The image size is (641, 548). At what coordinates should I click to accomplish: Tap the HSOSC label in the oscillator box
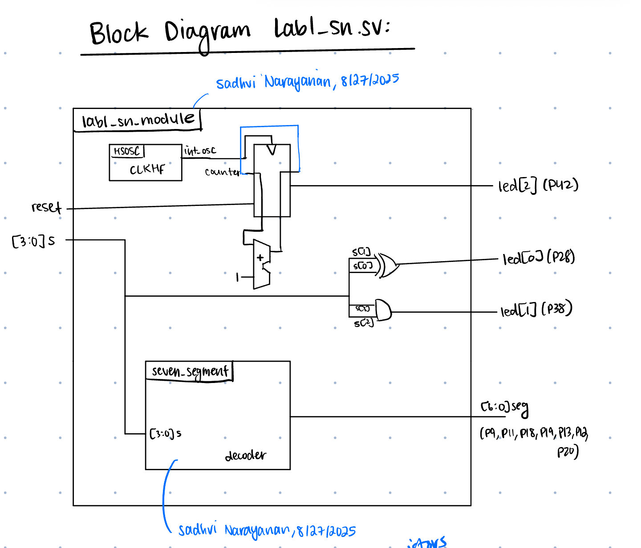coord(127,151)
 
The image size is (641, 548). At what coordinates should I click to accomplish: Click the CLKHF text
coord(147,169)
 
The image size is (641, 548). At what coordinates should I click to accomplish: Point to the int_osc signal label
coord(200,151)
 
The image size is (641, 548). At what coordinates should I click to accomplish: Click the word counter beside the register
coord(222,172)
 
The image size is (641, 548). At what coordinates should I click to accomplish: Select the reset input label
coord(46,207)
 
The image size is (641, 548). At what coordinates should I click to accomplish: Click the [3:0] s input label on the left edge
coord(34,241)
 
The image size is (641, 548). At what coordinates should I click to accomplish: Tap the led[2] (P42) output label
coord(538,185)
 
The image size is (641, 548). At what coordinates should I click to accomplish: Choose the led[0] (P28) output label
coord(539,258)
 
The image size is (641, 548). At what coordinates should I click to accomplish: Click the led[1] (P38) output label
coord(536,310)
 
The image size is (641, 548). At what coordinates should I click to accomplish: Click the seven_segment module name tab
coord(190,371)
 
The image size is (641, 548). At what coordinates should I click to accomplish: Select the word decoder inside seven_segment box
coord(245,455)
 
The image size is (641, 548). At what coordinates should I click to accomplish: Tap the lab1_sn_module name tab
coord(138,120)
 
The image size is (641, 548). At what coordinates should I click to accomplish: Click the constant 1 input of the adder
coord(238,278)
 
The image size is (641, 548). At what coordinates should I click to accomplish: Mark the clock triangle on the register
coord(271,150)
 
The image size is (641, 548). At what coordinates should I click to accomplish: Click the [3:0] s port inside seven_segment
coord(165,433)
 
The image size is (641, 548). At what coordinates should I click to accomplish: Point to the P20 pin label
coord(568,452)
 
